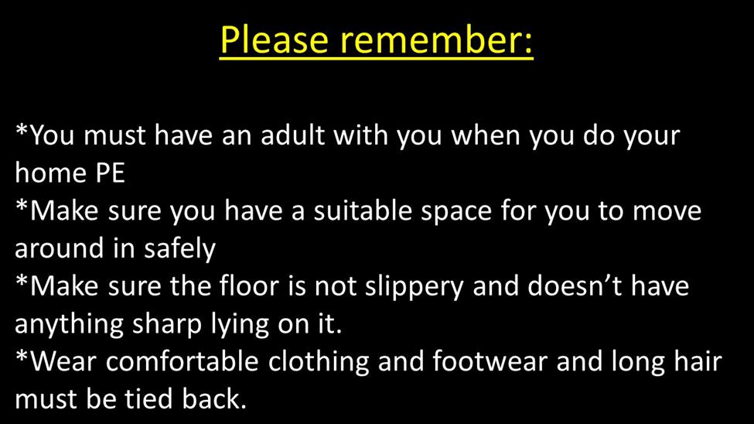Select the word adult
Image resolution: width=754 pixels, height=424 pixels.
coord(293,135)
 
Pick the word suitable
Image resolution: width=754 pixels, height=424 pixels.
coord(363,210)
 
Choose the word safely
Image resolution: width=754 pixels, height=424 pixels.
coord(179,248)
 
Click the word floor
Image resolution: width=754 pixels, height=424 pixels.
coord(249,286)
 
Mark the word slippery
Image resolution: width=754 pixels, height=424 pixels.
coord(414,287)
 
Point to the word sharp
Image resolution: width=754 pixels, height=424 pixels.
coord(167,325)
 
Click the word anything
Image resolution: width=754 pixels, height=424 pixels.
coord(70,325)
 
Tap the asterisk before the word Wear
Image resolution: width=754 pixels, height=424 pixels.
coord(22,357)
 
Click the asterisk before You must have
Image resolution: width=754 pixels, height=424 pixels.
coord(22,130)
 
